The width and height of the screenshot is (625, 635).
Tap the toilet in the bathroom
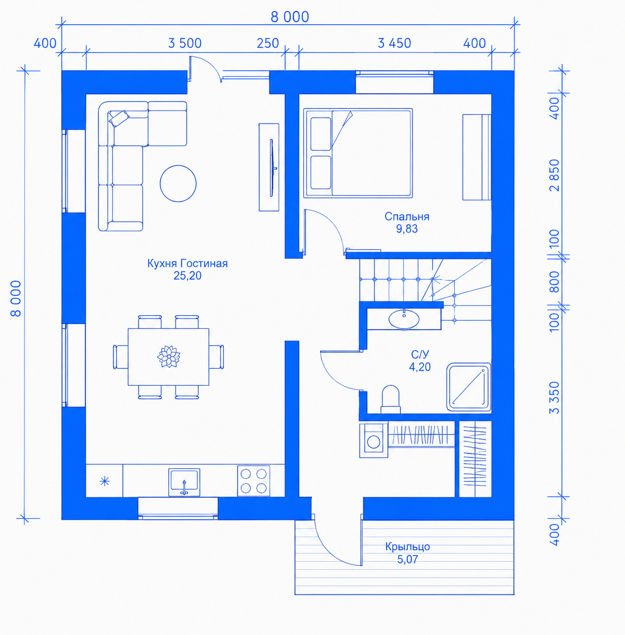pyautogui.click(x=391, y=399)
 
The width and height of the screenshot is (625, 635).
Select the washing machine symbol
pyautogui.click(x=373, y=441)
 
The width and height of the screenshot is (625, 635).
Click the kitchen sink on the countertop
pyautogui.click(x=184, y=482)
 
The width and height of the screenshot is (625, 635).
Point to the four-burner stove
pyautogui.click(x=254, y=481)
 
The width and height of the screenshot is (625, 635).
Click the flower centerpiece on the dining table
pyautogui.click(x=169, y=356)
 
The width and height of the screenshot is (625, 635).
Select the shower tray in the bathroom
pyautogui.click(x=469, y=387)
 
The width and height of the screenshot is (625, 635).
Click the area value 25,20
pyautogui.click(x=187, y=275)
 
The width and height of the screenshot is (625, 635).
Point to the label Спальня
pyautogui.click(x=407, y=217)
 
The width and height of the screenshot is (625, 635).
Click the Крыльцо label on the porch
pyautogui.click(x=408, y=547)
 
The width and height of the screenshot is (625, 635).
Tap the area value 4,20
pyautogui.click(x=420, y=367)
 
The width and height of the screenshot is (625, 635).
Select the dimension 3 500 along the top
pyautogui.click(x=184, y=43)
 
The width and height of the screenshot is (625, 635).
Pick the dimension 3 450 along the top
pyautogui.click(x=394, y=43)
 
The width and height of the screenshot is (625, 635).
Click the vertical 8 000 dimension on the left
pyautogui.click(x=16, y=298)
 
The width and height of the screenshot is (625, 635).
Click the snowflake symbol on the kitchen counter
pyautogui.click(x=105, y=481)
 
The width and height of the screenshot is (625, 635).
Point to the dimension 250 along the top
pyautogui.click(x=268, y=43)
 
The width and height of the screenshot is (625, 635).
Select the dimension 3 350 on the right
pyautogui.click(x=555, y=397)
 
